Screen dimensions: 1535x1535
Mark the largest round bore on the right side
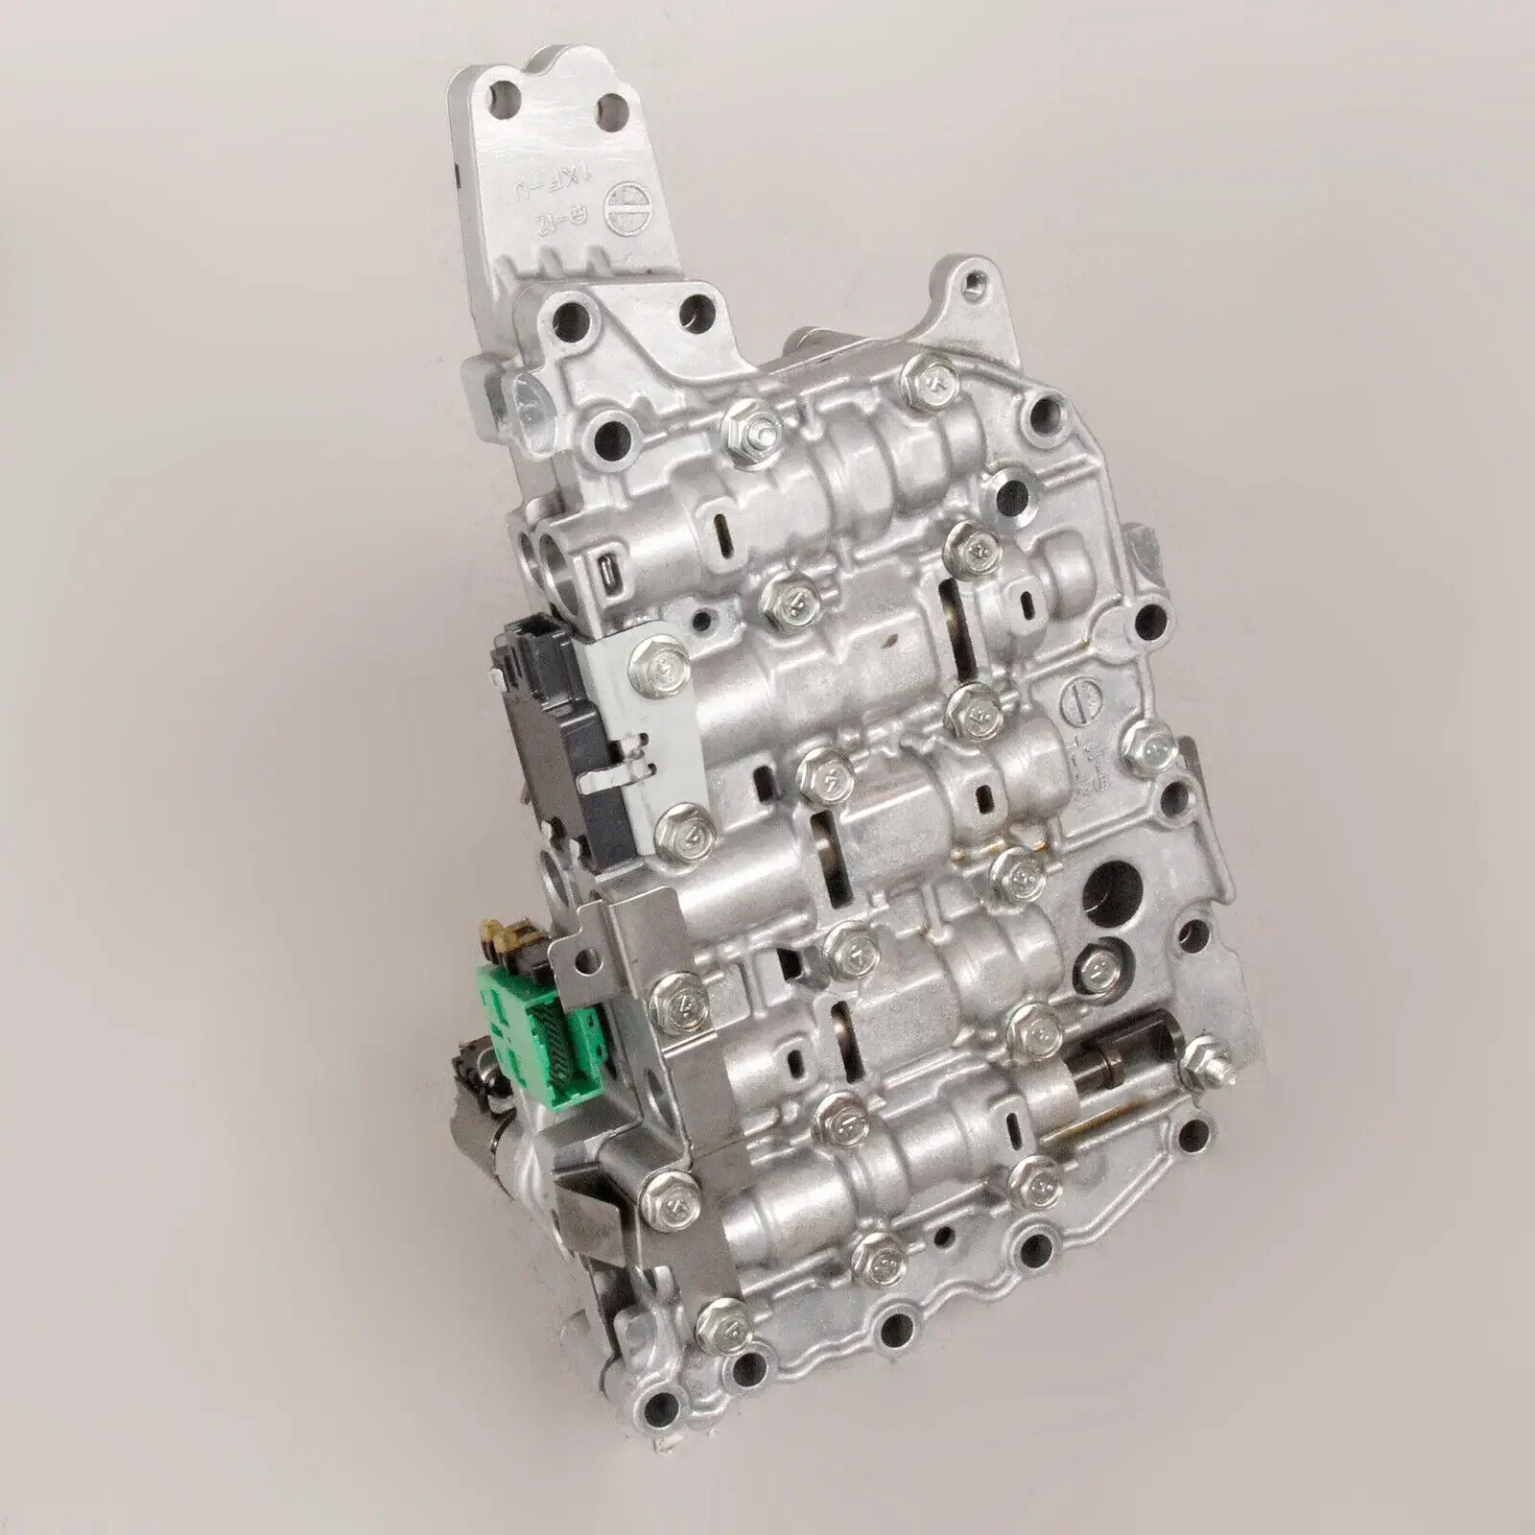pyautogui.click(x=1117, y=882)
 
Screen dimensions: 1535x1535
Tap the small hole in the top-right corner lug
pyautogui.click(x=975, y=282)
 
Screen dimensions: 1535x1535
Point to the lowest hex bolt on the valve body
pyautogui.click(x=725, y=1325)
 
